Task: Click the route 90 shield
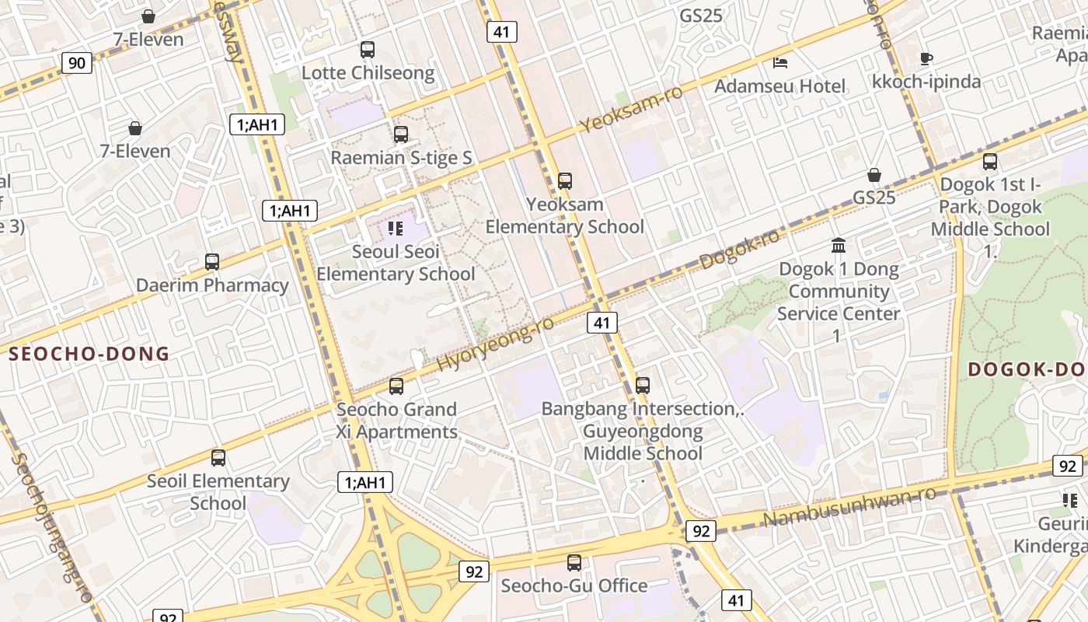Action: [76, 62]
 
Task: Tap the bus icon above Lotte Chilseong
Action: [368, 50]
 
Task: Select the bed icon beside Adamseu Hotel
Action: [781, 62]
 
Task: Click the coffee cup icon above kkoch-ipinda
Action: [926, 58]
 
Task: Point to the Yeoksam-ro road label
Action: [631, 109]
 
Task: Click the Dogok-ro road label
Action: [739, 250]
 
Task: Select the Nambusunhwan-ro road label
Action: [849, 505]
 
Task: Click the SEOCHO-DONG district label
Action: [89, 355]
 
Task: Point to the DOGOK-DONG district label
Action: [1027, 369]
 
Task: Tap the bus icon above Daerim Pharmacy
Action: [212, 262]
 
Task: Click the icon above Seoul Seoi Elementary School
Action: [396, 229]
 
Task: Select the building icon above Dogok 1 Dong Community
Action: [839, 246]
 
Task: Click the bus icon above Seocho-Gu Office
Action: [574, 562]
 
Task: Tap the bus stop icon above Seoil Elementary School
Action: [218, 458]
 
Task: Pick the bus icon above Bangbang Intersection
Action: [643, 385]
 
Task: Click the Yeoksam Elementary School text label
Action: [565, 215]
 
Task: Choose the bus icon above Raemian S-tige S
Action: [401, 134]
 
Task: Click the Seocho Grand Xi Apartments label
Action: [396, 421]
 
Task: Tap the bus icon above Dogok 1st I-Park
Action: [990, 162]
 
